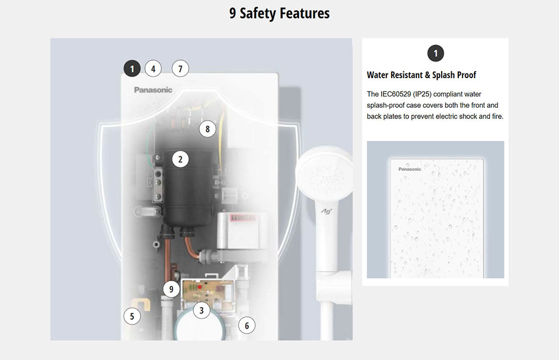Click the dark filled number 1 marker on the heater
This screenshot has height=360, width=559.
pyautogui.click(x=132, y=69)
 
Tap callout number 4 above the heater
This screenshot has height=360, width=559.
pyautogui.click(x=153, y=69)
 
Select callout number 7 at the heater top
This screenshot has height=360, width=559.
pyautogui.click(x=180, y=69)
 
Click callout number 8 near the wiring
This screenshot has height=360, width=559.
pyautogui.click(x=207, y=129)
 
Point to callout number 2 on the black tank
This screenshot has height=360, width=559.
pyautogui.click(x=180, y=159)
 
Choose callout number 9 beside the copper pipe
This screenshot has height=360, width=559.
pyautogui.click(x=171, y=289)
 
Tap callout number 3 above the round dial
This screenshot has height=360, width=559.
pyautogui.click(x=202, y=310)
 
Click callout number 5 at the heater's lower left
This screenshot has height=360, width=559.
pyautogui.click(x=132, y=316)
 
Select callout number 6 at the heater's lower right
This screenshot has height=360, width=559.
pyautogui.click(x=247, y=325)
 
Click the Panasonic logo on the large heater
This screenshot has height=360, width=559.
pyautogui.click(x=153, y=90)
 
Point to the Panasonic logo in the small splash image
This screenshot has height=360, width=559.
pyautogui.click(x=410, y=169)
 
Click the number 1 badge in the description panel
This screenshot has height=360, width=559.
pyautogui.click(x=435, y=53)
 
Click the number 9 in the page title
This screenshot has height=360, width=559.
pyautogui.click(x=233, y=13)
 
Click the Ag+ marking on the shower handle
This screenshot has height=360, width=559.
pyautogui.click(x=326, y=211)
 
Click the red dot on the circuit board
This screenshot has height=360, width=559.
pyautogui.click(x=200, y=287)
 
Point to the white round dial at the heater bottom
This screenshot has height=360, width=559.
pyautogui.click(x=201, y=326)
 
